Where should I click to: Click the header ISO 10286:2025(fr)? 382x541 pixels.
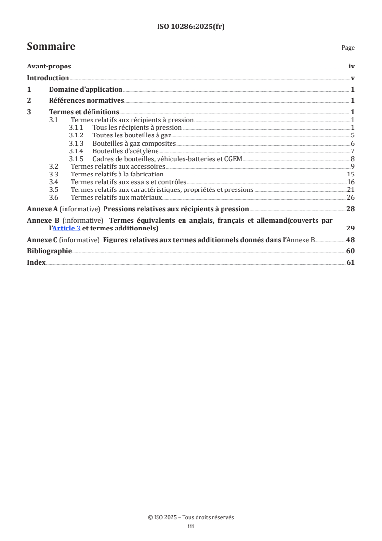191,27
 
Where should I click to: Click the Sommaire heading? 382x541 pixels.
51,47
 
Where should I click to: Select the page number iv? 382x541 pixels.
352,67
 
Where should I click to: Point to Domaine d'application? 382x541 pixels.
86,89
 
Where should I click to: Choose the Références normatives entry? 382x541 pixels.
87,101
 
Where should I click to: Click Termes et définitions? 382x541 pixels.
84,112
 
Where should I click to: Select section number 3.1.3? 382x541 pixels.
76,144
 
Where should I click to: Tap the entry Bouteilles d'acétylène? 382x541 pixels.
126,151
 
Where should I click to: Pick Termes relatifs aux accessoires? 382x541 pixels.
118,167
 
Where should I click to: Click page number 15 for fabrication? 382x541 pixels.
351,175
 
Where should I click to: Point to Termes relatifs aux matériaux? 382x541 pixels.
116,198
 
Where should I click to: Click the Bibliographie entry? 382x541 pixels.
50,251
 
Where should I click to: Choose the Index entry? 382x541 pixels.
37,263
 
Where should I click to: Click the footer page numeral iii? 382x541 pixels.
191,527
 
